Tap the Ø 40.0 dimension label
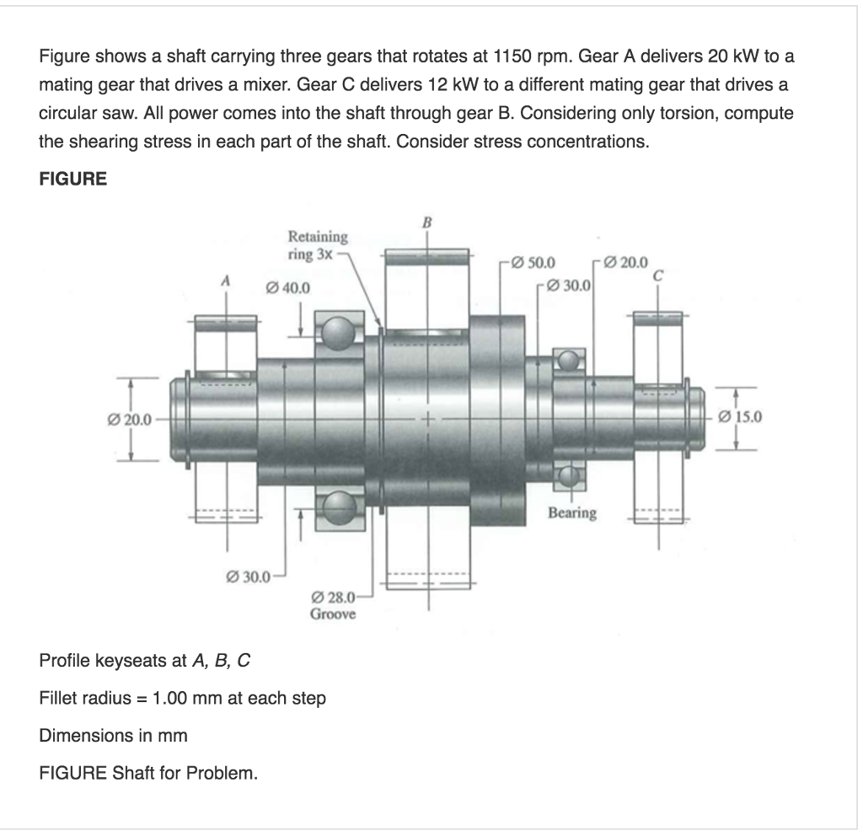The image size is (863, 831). coord(288,288)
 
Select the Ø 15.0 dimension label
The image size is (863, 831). coord(742,415)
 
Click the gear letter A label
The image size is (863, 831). coord(224,281)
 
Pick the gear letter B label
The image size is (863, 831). coord(426,222)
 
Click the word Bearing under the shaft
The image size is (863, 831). coord(572,512)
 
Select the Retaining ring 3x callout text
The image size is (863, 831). coord(317,244)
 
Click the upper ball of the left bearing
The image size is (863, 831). coord(340,333)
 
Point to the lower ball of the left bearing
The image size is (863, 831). coord(340,509)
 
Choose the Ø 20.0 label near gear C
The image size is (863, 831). coord(626,261)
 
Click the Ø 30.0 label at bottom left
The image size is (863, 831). coord(245,577)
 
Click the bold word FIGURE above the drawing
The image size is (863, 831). coord(73,179)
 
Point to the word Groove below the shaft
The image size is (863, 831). coord(333,614)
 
